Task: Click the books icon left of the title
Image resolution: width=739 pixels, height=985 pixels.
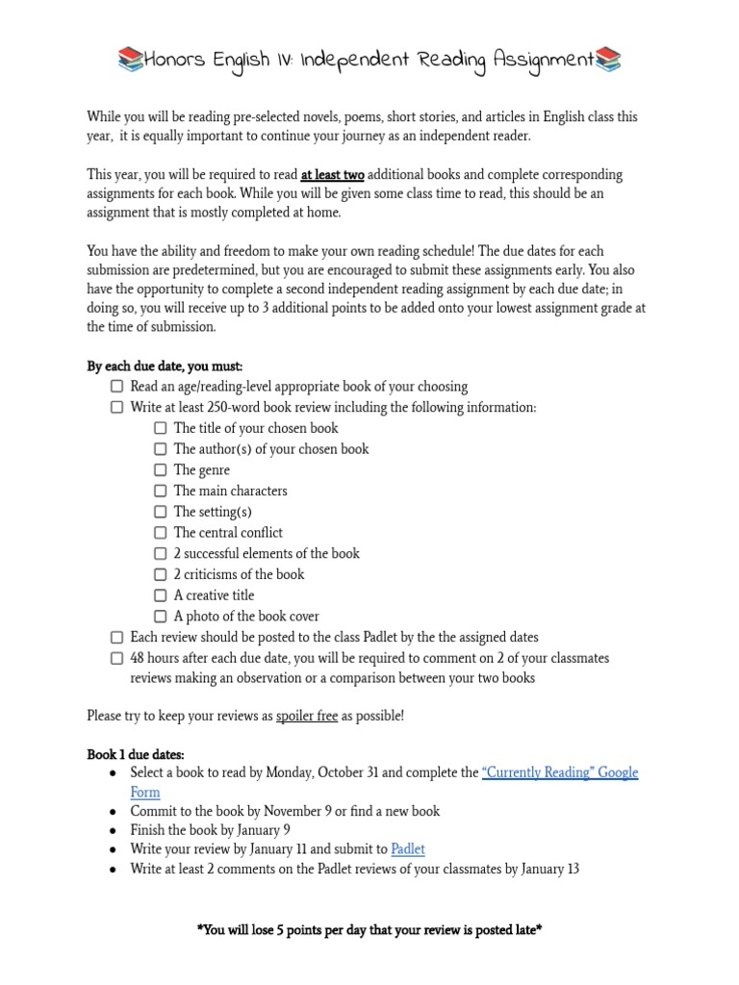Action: point(130,61)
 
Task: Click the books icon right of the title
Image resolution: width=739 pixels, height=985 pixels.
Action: point(608,61)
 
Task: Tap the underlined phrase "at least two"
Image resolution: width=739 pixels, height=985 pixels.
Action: point(332,175)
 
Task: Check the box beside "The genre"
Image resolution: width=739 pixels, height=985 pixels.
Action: point(161,470)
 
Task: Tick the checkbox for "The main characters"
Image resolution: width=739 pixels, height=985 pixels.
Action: point(161,492)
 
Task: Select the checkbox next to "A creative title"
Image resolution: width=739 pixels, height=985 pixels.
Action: point(161,595)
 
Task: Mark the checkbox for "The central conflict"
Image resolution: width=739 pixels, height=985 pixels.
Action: point(161,533)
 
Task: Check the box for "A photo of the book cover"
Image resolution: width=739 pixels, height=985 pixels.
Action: point(161,617)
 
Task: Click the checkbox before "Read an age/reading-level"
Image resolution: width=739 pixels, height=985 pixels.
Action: point(116,387)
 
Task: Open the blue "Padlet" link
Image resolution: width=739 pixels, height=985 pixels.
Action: point(408,849)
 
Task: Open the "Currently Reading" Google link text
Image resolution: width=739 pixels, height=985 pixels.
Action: point(559,772)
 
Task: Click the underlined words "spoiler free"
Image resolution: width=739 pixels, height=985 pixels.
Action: point(307,717)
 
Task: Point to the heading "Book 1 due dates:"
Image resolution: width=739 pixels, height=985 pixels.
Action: point(136,754)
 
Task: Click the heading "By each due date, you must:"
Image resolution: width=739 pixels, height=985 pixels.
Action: point(165,366)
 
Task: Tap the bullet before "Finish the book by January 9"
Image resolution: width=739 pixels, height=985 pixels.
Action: point(114,830)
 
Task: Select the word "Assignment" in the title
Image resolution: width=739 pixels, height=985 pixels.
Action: point(545,61)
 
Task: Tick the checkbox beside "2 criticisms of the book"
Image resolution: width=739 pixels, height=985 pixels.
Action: point(161,575)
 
